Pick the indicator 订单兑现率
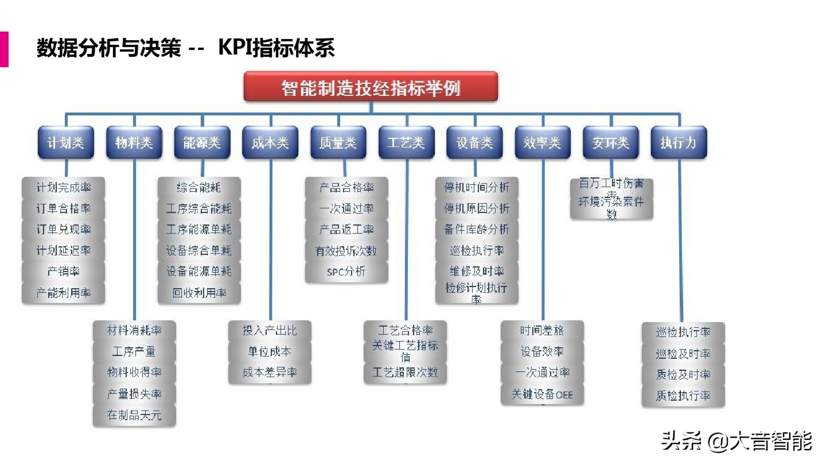click(x=64, y=229)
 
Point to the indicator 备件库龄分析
click(x=477, y=229)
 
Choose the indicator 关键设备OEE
click(x=542, y=394)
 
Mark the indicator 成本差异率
click(x=270, y=372)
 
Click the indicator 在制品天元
click(x=134, y=415)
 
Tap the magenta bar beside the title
click(x=4, y=49)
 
